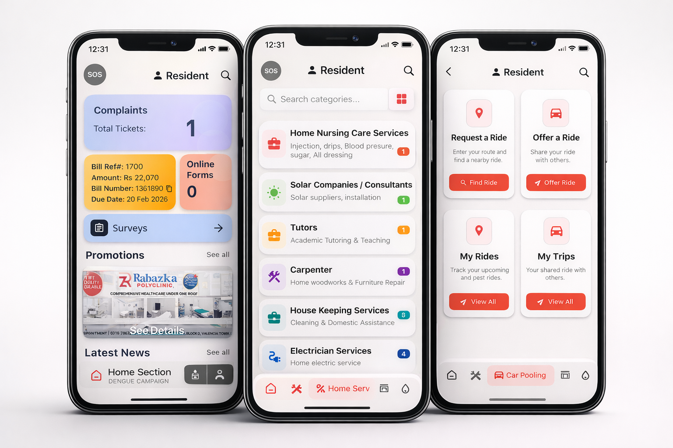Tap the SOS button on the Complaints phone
[95, 74]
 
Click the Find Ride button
[479, 182]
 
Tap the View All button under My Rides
[478, 301]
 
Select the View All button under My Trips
[556, 301]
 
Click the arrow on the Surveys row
[218, 228]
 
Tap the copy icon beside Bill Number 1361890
[169, 189]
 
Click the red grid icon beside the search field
[401, 99]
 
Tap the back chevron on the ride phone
[448, 72]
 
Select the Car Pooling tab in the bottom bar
[521, 375]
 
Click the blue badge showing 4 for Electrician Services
[404, 353]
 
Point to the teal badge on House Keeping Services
[404, 315]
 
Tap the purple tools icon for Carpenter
[274, 276]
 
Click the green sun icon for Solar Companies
[274, 192]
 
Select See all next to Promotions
[218, 255]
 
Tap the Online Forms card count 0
[192, 192]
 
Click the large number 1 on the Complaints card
[191, 129]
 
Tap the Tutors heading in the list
[304, 227]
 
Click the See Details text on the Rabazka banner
[157, 330]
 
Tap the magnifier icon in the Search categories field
[272, 99]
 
